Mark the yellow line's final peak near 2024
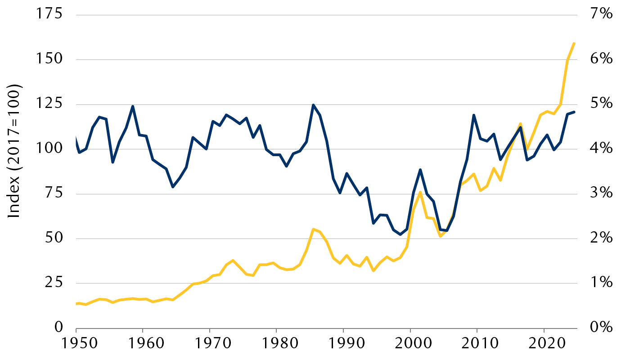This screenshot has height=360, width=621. coord(574,43)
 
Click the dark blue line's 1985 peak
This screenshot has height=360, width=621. coord(313,105)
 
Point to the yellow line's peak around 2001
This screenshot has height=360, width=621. coord(420,192)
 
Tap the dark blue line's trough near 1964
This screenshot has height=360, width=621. coord(172,187)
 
